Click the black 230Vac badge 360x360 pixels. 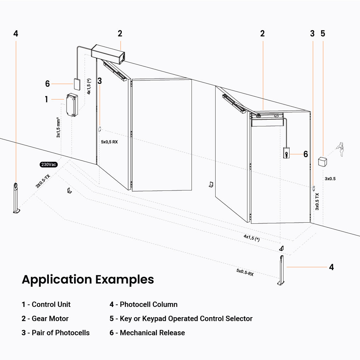[x=48, y=165]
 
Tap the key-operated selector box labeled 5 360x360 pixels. [x=322, y=161]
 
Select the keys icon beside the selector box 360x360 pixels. [x=341, y=149]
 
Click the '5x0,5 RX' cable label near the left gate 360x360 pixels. [x=109, y=142]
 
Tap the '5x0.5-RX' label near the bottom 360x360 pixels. [x=245, y=272]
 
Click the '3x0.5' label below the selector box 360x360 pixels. [x=330, y=179]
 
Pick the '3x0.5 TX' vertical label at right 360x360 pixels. [x=317, y=202]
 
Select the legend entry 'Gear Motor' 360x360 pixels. [x=50, y=319]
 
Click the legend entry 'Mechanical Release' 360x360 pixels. [x=152, y=333]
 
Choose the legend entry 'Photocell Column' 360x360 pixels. [x=149, y=304]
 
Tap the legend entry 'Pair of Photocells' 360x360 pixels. [x=61, y=333]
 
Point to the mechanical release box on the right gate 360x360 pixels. [x=286, y=153]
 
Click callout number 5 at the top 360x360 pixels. [x=322, y=34]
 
